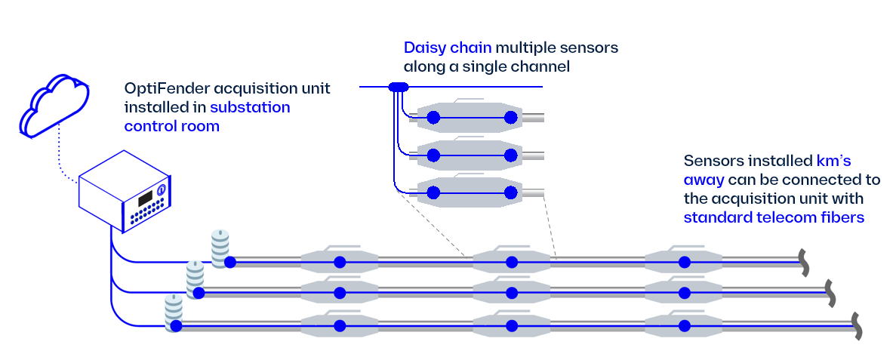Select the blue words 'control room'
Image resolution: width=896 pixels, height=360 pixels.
tap(171, 126)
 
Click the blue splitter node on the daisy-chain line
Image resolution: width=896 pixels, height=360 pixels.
tap(398, 88)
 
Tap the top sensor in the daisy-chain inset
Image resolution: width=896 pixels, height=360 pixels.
tap(473, 117)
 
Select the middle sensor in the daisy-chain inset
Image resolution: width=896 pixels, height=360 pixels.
tap(473, 155)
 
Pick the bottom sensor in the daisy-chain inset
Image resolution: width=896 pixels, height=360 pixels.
tap(473, 192)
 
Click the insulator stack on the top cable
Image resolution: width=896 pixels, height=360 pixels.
tap(220, 248)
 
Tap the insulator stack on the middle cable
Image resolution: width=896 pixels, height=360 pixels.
tap(196, 279)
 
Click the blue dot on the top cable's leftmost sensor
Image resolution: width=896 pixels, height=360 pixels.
tap(340, 262)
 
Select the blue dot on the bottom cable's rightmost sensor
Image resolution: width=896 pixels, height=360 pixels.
tap(684, 326)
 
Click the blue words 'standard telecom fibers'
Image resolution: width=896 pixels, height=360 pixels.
tap(773, 217)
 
